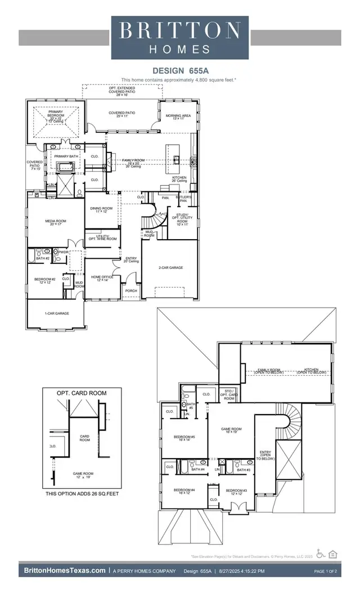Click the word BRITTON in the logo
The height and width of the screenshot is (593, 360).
click(180, 30)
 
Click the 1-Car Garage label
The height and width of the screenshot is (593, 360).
click(56, 313)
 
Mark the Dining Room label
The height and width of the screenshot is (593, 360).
click(102, 210)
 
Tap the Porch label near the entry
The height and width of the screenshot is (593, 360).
click(131, 291)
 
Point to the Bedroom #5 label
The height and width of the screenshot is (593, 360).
click(184, 438)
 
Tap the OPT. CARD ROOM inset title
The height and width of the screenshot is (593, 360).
click(82, 393)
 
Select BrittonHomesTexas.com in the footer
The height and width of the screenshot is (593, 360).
click(65, 571)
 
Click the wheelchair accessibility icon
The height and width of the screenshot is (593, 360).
click(321, 553)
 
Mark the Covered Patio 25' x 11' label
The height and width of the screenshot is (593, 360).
click(123, 115)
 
